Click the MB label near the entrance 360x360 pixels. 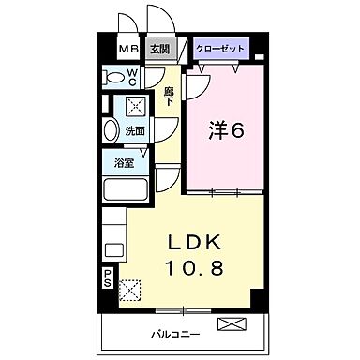(126, 50)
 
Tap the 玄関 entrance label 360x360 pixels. (158, 50)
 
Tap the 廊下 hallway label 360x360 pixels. (170, 97)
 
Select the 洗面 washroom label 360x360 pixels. (135, 131)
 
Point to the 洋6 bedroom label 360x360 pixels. (226, 129)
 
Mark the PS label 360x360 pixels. (107, 277)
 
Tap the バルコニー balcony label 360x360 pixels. (173, 334)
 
